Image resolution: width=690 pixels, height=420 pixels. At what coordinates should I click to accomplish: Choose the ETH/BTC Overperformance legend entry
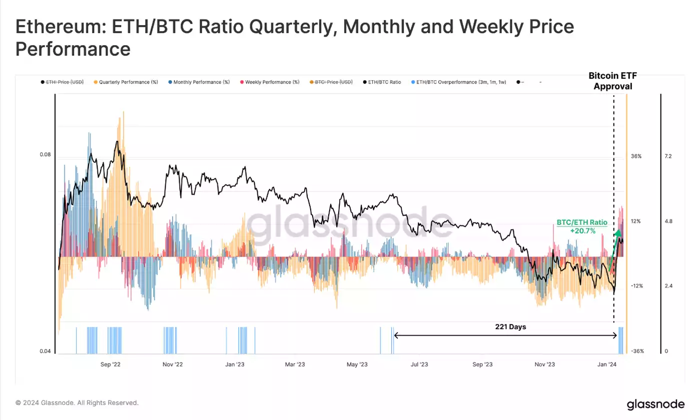pyautogui.click(x=459, y=82)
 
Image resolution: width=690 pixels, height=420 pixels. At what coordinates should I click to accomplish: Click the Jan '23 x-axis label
pyautogui.click(x=234, y=364)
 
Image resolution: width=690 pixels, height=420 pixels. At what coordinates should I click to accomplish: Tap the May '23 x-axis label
pyautogui.click(x=357, y=364)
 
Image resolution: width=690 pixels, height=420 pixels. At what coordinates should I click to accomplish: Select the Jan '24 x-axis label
pyautogui.click(x=606, y=364)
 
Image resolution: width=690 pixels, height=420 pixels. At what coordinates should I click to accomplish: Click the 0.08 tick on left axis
pyautogui.click(x=45, y=155)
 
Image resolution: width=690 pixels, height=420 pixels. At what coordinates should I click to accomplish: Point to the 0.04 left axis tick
pyautogui.click(x=45, y=351)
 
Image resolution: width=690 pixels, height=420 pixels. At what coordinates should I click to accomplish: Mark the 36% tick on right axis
pyautogui.click(x=636, y=156)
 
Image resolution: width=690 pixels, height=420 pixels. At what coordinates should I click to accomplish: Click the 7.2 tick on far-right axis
pyautogui.click(x=667, y=156)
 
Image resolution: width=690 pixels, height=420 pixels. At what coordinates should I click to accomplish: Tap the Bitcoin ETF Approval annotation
pyautogui.click(x=612, y=81)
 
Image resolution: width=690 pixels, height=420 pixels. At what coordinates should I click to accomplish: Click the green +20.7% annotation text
pyautogui.click(x=583, y=231)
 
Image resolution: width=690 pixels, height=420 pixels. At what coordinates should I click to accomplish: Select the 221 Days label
pyautogui.click(x=510, y=327)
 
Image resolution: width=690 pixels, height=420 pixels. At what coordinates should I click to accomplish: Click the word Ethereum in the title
pyautogui.click(x=55, y=27)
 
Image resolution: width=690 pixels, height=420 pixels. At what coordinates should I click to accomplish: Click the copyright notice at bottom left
pyautogui.click(x=77, y=403)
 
